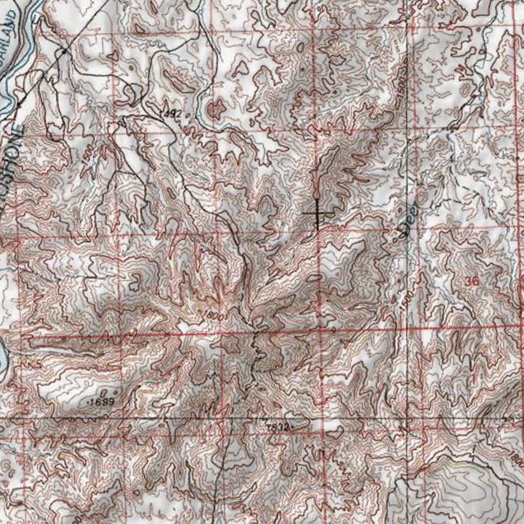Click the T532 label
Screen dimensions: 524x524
pyautogui.click(x=279, y=426)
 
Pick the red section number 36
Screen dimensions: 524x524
pyautogui.click(x=473, y=281)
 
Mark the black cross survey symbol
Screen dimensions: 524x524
pyautogui.click(x=317, y=213)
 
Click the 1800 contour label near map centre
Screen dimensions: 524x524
pyautogui.click(x=214, y=314)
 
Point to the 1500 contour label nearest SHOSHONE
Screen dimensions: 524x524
pyautogui.click(x=87, y=155)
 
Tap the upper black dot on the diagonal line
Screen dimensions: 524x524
pyautogui.click(x=63, y=52)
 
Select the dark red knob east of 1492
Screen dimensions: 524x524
pyautogui.click(x=215, y=108)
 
